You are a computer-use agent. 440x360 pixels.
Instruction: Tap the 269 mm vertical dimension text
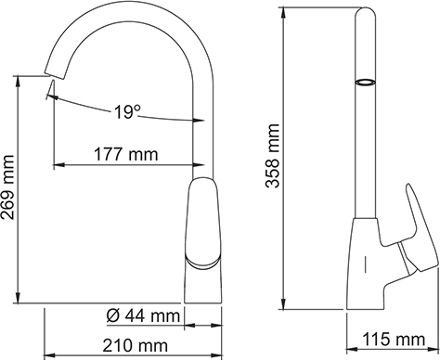tap(9, 191)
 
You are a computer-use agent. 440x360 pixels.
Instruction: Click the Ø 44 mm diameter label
tap(142, 316)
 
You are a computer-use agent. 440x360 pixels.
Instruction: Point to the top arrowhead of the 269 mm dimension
tap(19, 79)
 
